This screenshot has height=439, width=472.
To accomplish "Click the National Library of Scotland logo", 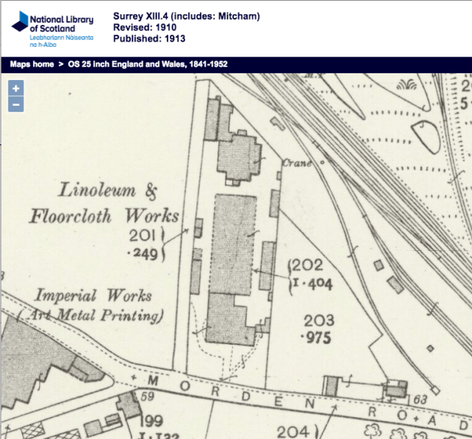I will (51, 26).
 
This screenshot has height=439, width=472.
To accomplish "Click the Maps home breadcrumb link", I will (32, 64).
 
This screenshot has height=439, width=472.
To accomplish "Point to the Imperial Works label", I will (94, 295).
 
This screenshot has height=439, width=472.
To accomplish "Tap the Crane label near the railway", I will (297, 162).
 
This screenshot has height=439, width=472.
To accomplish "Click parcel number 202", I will (307, 265).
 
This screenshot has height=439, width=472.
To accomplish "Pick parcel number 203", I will (318, 321).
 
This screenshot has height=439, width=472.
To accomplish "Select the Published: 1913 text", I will (149, 39).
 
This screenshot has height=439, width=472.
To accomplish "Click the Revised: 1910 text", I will (145, 26).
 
